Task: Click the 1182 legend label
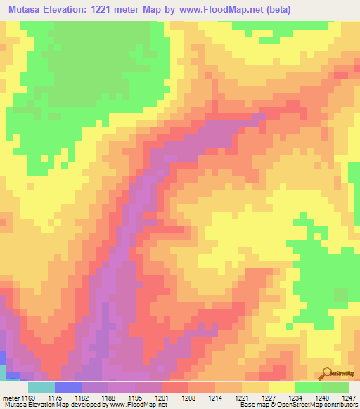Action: (x=82, y=398)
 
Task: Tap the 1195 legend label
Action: (x=135, y=398)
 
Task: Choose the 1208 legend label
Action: (x=188, y=398)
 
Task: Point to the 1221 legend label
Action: (x=242, y=398)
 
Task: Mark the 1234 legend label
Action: (x=295, y=398)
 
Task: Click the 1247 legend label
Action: (x=347, y=398)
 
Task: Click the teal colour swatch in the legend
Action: (x=41, y=387)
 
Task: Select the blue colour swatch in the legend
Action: (x=67, y=387)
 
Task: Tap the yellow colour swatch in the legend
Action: (x=281, y=387)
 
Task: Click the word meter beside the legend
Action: (x=11, y=398)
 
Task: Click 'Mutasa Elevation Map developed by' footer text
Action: (x=50, y=405)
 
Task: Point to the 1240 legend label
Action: (x=322, y=398)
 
